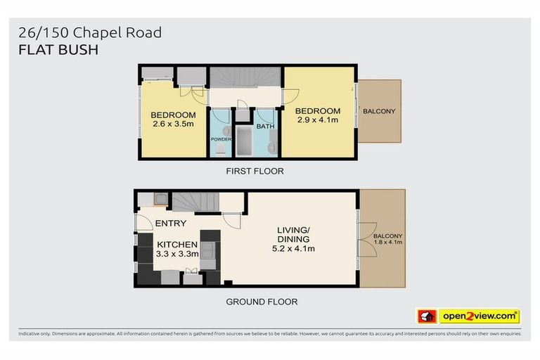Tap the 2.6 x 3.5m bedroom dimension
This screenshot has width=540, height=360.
[172, 124]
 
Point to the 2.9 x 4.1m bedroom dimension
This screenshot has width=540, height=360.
[318, 120]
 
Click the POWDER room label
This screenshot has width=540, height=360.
[221, 139]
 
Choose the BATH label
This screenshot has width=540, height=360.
[265, 127]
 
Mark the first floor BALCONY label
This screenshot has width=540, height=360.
[379, 112]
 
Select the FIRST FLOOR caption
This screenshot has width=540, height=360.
[255, 172]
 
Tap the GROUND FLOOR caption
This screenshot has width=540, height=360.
[262, 302]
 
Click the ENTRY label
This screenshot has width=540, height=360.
[171, 224]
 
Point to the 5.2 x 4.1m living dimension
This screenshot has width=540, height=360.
[294, 248]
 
